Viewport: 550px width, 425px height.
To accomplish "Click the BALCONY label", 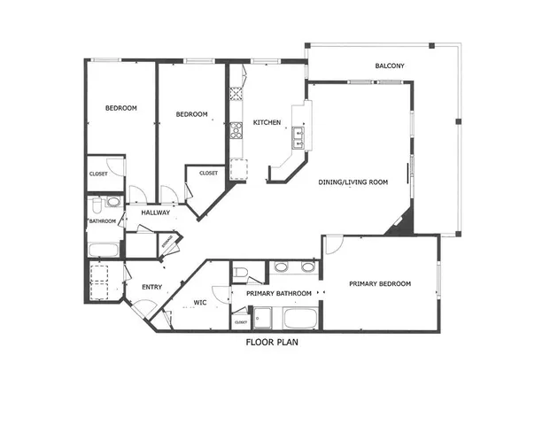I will tap(390, 66).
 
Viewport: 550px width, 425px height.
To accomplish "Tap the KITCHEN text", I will tap(267, 122).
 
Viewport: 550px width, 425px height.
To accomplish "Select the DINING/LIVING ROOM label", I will tap(353, 182).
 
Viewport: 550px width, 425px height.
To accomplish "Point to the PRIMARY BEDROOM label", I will tap(380, 283).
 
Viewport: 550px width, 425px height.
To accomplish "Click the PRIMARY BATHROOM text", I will tap(272, 293).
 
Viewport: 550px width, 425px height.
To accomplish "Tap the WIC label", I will tap(200, 303).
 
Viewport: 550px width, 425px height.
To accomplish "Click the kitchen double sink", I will tap(298, 135).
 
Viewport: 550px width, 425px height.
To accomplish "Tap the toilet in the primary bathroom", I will tap(241, 272).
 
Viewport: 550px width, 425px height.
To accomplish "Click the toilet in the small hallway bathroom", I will tap(112, 203).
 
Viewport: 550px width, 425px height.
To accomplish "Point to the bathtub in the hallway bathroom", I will tap(104, 249).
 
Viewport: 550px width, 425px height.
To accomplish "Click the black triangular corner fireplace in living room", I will tap(401, 224).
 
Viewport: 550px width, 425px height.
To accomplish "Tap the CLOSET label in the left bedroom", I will tap(98, 174).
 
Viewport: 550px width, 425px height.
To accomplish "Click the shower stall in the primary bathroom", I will tap(263, 316).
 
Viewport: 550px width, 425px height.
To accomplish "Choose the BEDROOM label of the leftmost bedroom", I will tap(121, 108).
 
